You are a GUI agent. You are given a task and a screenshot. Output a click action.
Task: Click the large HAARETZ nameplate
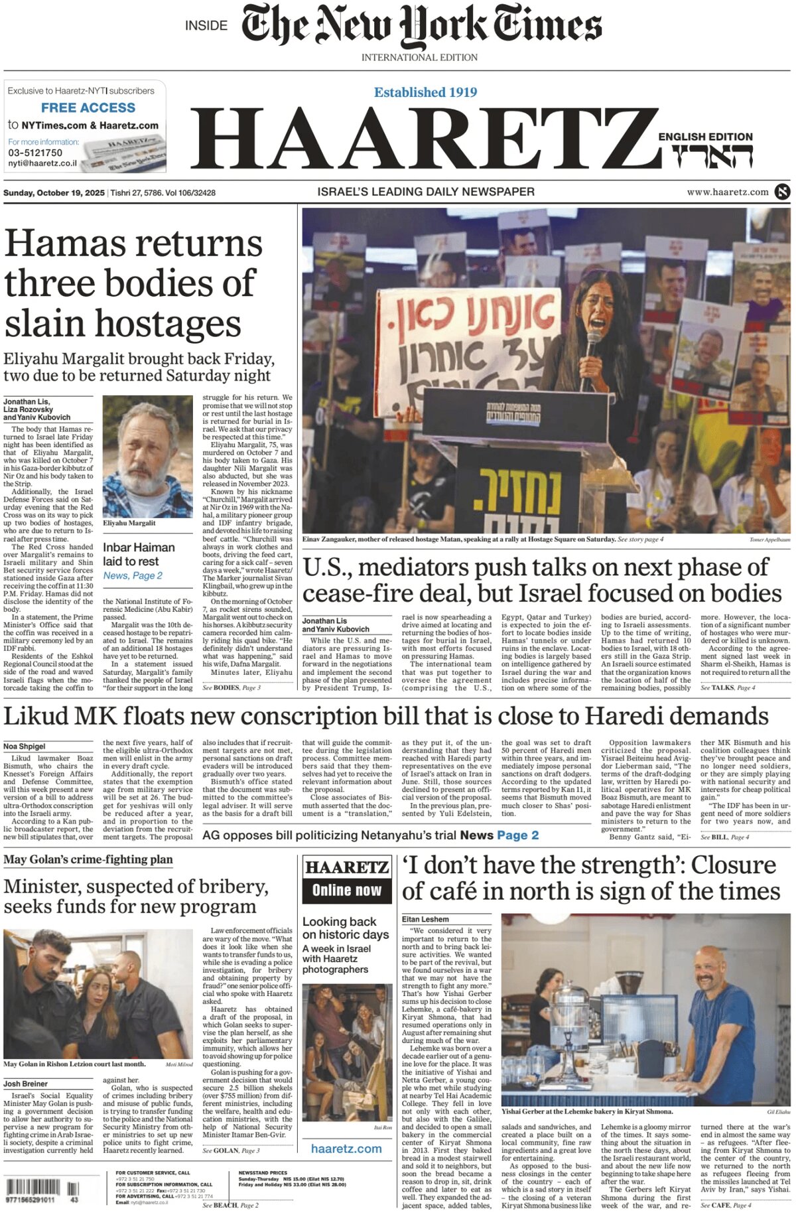tap(425, 141)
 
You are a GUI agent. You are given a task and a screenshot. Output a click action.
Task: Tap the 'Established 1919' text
tap(425, 92)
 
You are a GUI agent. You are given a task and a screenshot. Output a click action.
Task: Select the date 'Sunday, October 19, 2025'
tap(54, 193)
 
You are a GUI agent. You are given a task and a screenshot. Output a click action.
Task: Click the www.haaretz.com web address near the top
tap(728, 192)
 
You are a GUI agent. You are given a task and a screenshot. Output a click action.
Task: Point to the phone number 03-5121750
tap(35, 153)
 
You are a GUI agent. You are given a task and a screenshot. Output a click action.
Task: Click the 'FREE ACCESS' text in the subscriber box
tap(88, 107)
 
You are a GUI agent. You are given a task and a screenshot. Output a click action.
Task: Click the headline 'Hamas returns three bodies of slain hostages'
tap(133, 283)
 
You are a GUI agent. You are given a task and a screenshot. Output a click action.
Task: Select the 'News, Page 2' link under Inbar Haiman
tap(133, 576)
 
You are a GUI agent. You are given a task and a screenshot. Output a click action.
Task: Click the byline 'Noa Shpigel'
tap(25, 747)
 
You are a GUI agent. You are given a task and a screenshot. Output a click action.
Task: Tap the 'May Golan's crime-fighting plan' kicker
tap(88, 860)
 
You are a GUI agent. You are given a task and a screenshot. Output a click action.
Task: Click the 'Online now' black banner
tap(347, 891)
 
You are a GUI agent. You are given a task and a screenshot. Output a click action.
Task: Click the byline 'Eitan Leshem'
tap(425, 920)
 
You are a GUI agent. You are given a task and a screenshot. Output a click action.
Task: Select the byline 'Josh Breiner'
tap(25, 1084)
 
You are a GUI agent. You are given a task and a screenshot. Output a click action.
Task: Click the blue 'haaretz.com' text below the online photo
tap(346, 1149)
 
